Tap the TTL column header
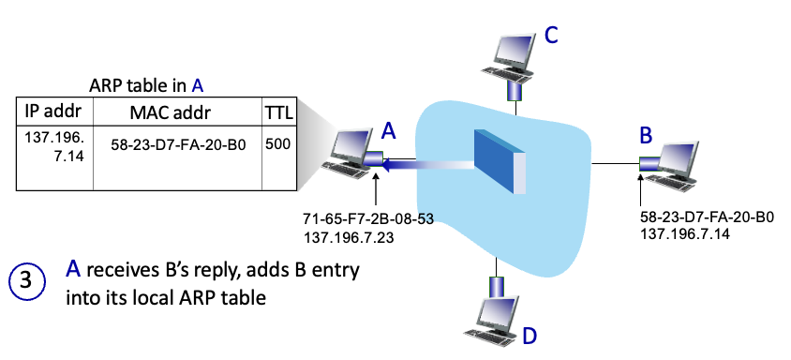[279, 112]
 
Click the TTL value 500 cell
[278, 144]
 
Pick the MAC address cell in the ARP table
[177, 146]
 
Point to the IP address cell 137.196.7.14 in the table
[54, 146]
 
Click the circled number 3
[27, 280]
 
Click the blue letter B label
[646, 135]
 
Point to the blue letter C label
[551, 36]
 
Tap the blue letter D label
[530, 336]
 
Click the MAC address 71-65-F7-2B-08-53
[368, 219]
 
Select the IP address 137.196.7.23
[349, 236]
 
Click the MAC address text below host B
[707, 217]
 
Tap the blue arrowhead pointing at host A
[389, 165]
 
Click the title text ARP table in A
[146, 86]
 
